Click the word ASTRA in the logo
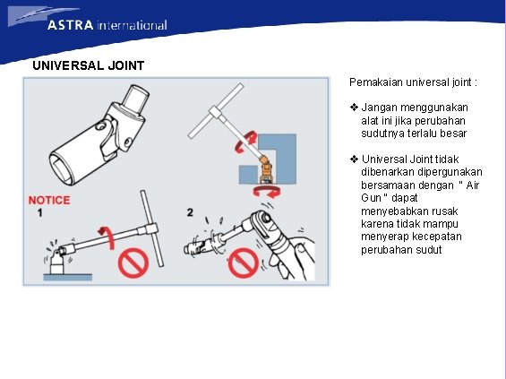click(71, 25)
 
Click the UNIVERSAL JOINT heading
click(89, 65)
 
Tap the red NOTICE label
click(49, 200)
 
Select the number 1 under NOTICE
click(40, 213)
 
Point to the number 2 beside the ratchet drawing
click(190, 212)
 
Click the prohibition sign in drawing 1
click(133, 264)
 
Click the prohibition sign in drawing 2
click(244, 263)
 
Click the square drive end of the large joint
click(135, 99)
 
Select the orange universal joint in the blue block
click(266, 168)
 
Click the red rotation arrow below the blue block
click(267, 192)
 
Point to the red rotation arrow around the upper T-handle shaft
click(245, 142)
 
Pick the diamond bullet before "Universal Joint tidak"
click(354, 159)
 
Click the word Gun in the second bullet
click(372, 198)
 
